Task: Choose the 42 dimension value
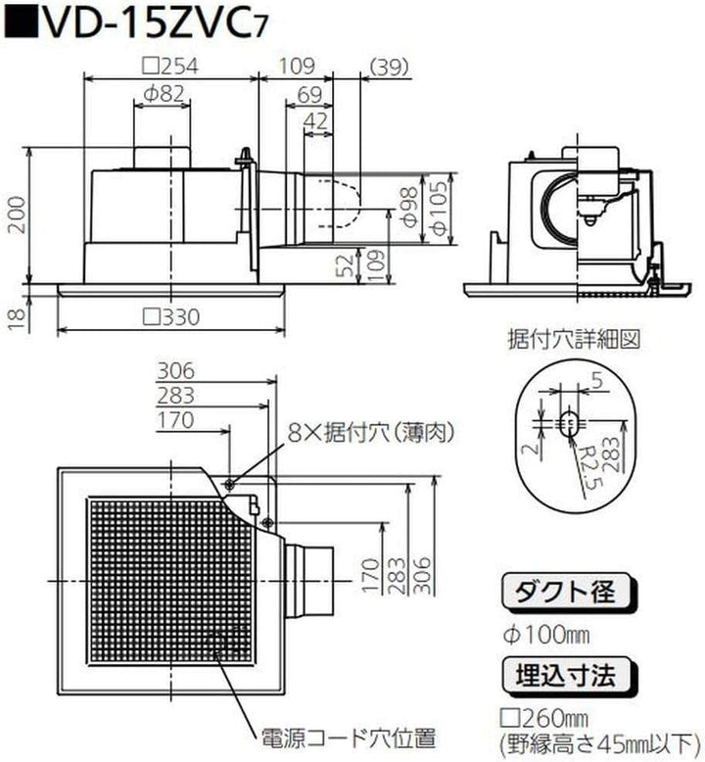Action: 315,121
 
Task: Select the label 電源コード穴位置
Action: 347,735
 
